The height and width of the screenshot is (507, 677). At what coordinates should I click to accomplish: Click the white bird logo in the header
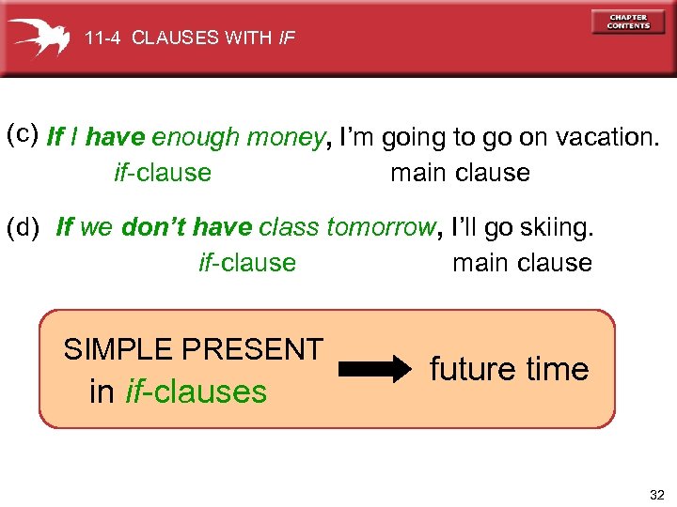pyautogui.click(x=39, y=38)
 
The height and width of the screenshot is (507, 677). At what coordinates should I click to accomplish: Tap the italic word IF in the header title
pyautogui.click(x=287, y=38)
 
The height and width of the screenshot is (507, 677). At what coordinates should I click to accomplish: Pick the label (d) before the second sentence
pyautogui.click(x=23, y=226)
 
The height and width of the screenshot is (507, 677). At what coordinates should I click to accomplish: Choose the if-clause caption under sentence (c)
pyautogui.click(x=162, y=173)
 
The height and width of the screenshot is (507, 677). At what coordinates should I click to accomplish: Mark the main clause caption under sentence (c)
pyautogui.click(x=460, y=173)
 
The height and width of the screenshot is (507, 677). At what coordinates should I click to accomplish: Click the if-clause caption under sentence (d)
pyautogui.click(x=247, y=263)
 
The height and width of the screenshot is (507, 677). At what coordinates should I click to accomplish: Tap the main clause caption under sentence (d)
pyautogui.click(x=522, y=263)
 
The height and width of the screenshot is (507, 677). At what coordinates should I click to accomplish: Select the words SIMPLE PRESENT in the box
pyautogui.click(x=193, y=349)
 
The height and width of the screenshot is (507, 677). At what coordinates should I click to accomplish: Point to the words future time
pyautogui.click(x=509, y=369)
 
